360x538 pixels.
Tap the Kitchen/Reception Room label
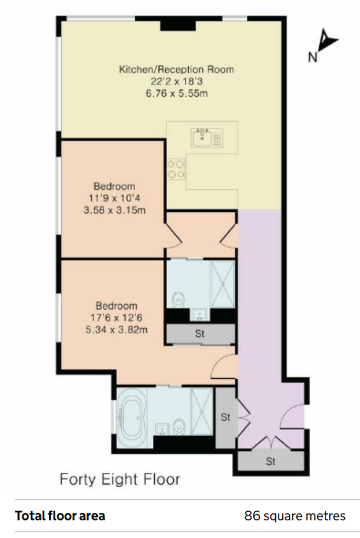(176, 70)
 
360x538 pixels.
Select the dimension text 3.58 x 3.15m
(114, 210)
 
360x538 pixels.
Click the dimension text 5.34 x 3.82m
(117, 329)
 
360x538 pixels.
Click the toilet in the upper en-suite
(178, 299)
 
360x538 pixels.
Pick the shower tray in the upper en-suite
(223, 284)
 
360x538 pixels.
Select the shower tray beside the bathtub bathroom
(202, 412)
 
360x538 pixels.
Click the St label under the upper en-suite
(200, 333)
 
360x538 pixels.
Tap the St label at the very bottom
(270, 461)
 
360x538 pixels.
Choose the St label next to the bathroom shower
(225, 417)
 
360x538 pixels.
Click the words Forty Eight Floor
(120, 479)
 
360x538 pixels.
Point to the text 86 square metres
(295, 516)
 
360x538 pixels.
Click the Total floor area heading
(60, 516)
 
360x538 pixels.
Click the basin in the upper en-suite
(200, 314)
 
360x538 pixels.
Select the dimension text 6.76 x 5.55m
(177, 94)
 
